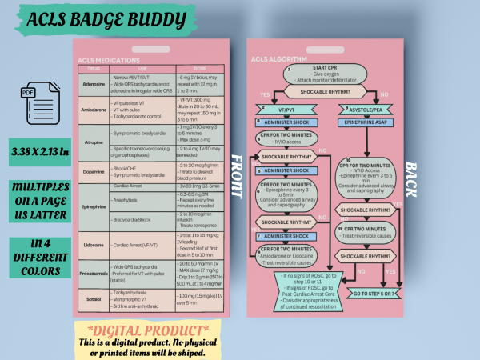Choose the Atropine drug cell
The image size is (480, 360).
tap(93, 142)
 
